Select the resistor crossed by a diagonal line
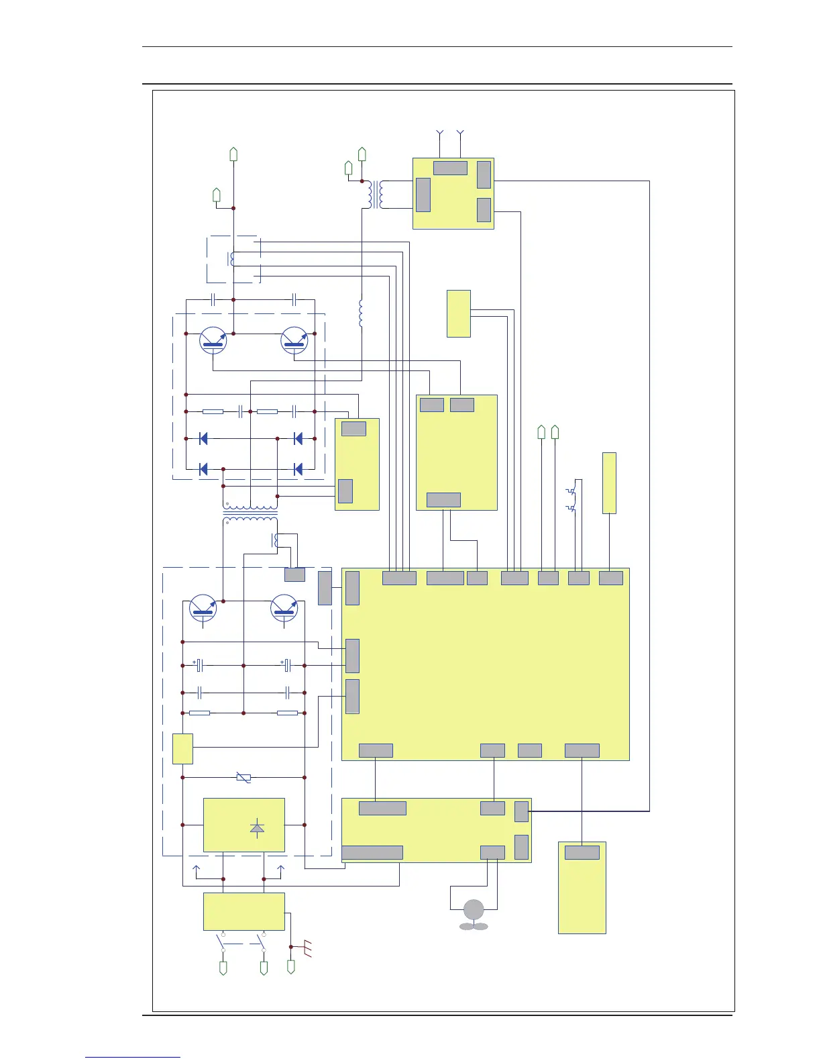(x=243, y=778)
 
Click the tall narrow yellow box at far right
(x=609, y=483)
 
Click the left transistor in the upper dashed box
(x=213, y=340)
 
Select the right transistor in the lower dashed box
(x=284, y=607)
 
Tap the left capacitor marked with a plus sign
(x=199, y=665)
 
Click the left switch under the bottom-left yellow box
(x=222, y=942)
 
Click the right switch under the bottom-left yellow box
(x=262, y=942)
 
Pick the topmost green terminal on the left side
(x=233, y=154)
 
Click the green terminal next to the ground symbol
(x=291, y=967)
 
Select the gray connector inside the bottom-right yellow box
(x=582, y=853)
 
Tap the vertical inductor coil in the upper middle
(x=362, y=313)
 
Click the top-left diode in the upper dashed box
(x=203, y=439)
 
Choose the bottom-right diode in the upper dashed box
(x=298, y=469)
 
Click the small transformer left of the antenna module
(x=375, y=195)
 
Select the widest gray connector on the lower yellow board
(x=372, y=853)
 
